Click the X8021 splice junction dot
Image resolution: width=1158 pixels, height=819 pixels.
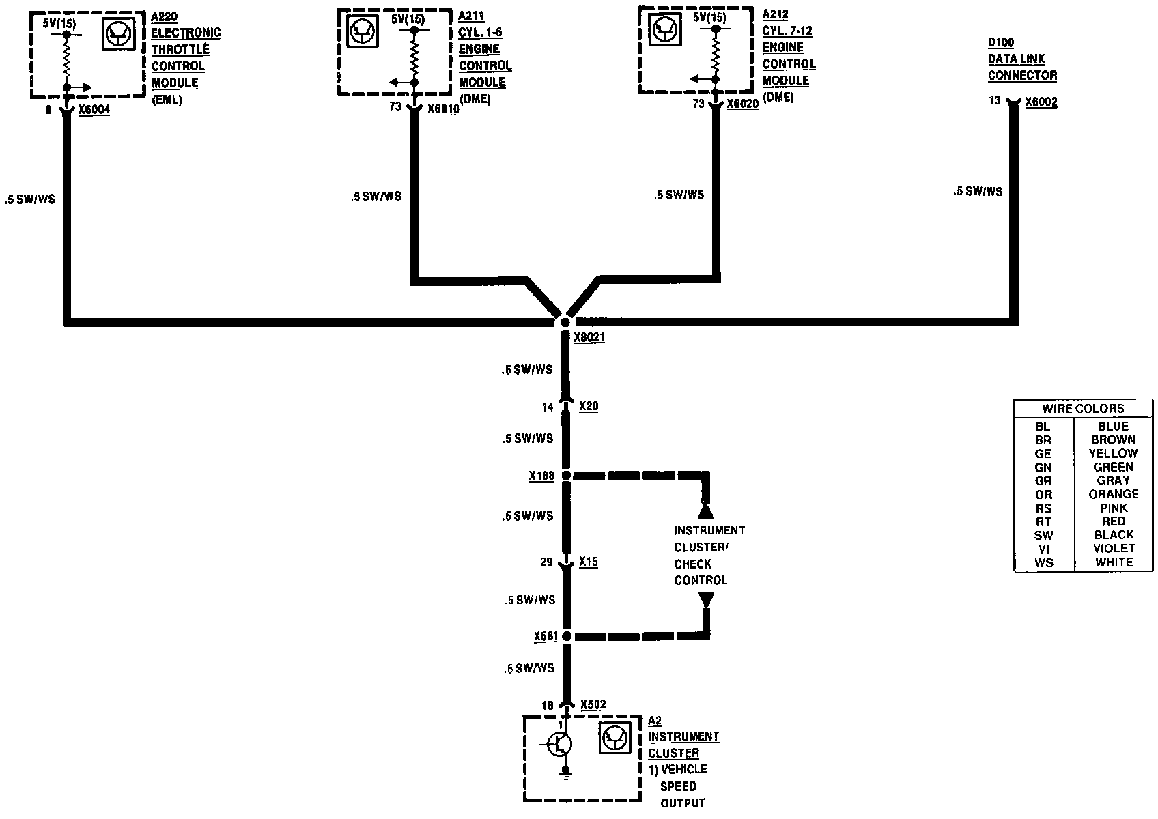pyautogui.click(x=565, y=322)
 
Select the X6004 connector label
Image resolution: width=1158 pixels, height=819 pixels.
pyautogui.click(x=94, y=110)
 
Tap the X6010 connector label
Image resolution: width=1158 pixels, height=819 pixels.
pyautogui.click(x=443, y=109)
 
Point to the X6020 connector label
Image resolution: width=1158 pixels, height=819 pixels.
pyautogui.click(x=742, y=104)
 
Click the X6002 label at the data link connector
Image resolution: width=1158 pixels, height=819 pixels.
pyautogui.click(x=1041, y=102)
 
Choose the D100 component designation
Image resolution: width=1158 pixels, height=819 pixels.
pyautogui.click(x=1001, y=43)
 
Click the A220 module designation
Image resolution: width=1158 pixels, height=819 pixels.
pyautogui.click(x=165, y=16)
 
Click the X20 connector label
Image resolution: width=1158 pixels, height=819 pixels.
pyautogui.click(x=589, y=407)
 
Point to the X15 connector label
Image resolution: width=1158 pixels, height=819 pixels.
pyautogui.click(x=589, y=562)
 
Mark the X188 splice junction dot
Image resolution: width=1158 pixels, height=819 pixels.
pyautogui.click(x=566, y=475)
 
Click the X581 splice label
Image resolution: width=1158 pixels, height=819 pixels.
pyautogui.click(x=546, y=637)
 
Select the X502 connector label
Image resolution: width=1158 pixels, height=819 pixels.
pyautogui.click(x=593, y=705)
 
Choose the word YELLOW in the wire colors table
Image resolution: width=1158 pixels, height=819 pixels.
pyautogui.click(x=1113, y=454)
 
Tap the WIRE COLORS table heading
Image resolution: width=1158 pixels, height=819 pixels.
pyautogui.click(x=1082, y=409)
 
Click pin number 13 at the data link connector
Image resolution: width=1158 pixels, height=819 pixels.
pyautogui.click(x=993, y=101)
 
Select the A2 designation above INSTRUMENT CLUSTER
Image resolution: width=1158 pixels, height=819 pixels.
pyautogui.click(x=654, y=721)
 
